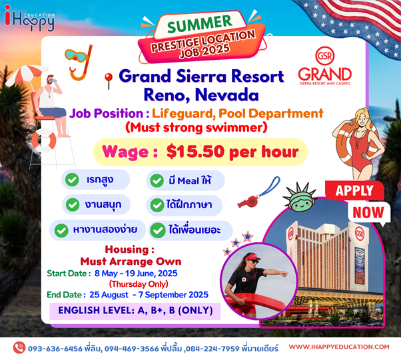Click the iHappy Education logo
click(x=29, y=19)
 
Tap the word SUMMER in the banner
click(x=199, y=24)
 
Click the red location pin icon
click(x=109, y=81)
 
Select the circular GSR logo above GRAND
click(x=325, y=55)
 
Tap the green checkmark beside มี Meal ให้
click(x=157, y=180)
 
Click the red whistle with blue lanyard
click(x=258, y=193)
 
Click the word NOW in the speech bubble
click(x=368, y=212)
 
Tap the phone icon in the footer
click(x=19, y=348)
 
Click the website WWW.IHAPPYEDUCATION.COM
click(x=339, y=347)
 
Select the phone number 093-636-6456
click(x=55, y=349)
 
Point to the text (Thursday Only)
click(x=139, y=284)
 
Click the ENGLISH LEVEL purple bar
click(x=135, y=311)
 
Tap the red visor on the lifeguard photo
click(x=253, y=256)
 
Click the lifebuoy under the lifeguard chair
click(x=44, y=140)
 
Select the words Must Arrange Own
click(x=131, y=262)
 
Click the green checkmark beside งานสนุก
click(x=73, y=205)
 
